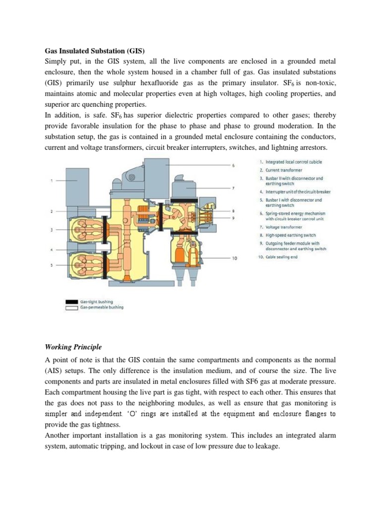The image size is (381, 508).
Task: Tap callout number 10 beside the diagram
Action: (x=234, y=258)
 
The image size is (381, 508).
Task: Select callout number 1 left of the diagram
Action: (x=52, y=181)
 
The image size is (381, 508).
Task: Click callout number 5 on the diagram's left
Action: (x=52, y=265)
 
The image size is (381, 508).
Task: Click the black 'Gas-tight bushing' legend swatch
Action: (x=71, y=301)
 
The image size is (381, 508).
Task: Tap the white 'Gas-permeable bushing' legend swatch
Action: (x=71, y=307)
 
